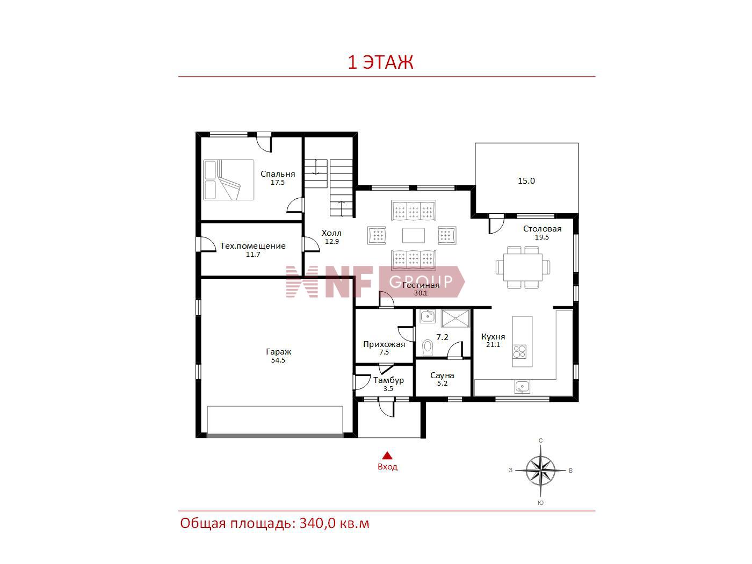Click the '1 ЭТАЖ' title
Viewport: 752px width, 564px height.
(x=380, y=62)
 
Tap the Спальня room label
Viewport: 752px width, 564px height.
(x=278, y=174)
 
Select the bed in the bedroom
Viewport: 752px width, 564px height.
(x=228, y=180)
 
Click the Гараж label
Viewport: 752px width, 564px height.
(x=278, y=352)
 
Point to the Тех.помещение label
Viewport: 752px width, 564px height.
(x=253, y=246)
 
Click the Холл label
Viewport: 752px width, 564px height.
(x=331, y=233)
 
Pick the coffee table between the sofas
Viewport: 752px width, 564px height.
(x=414, y=235)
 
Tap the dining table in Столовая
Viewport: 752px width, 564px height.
(x=523, y=267)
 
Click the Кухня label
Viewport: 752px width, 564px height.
(x=493, y=337)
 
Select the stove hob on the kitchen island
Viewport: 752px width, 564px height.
(x=519, y=351)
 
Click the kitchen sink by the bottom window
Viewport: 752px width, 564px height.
(x=522, y=387)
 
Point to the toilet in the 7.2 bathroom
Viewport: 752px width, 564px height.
(x=428, y=347)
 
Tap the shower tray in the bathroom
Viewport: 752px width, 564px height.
(x=455, y=319)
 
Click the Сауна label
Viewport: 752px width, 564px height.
(x=442, y=375)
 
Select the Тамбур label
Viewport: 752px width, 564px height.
(x=388, y=380)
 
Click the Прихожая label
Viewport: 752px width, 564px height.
(x=384, y=344)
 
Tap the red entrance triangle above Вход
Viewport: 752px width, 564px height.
(x=387, y=455)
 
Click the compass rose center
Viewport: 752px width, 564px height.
(x=540, y=470)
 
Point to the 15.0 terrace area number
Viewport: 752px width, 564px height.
(x=526, y=181)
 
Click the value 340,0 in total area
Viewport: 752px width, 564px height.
(x=317, y=523)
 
